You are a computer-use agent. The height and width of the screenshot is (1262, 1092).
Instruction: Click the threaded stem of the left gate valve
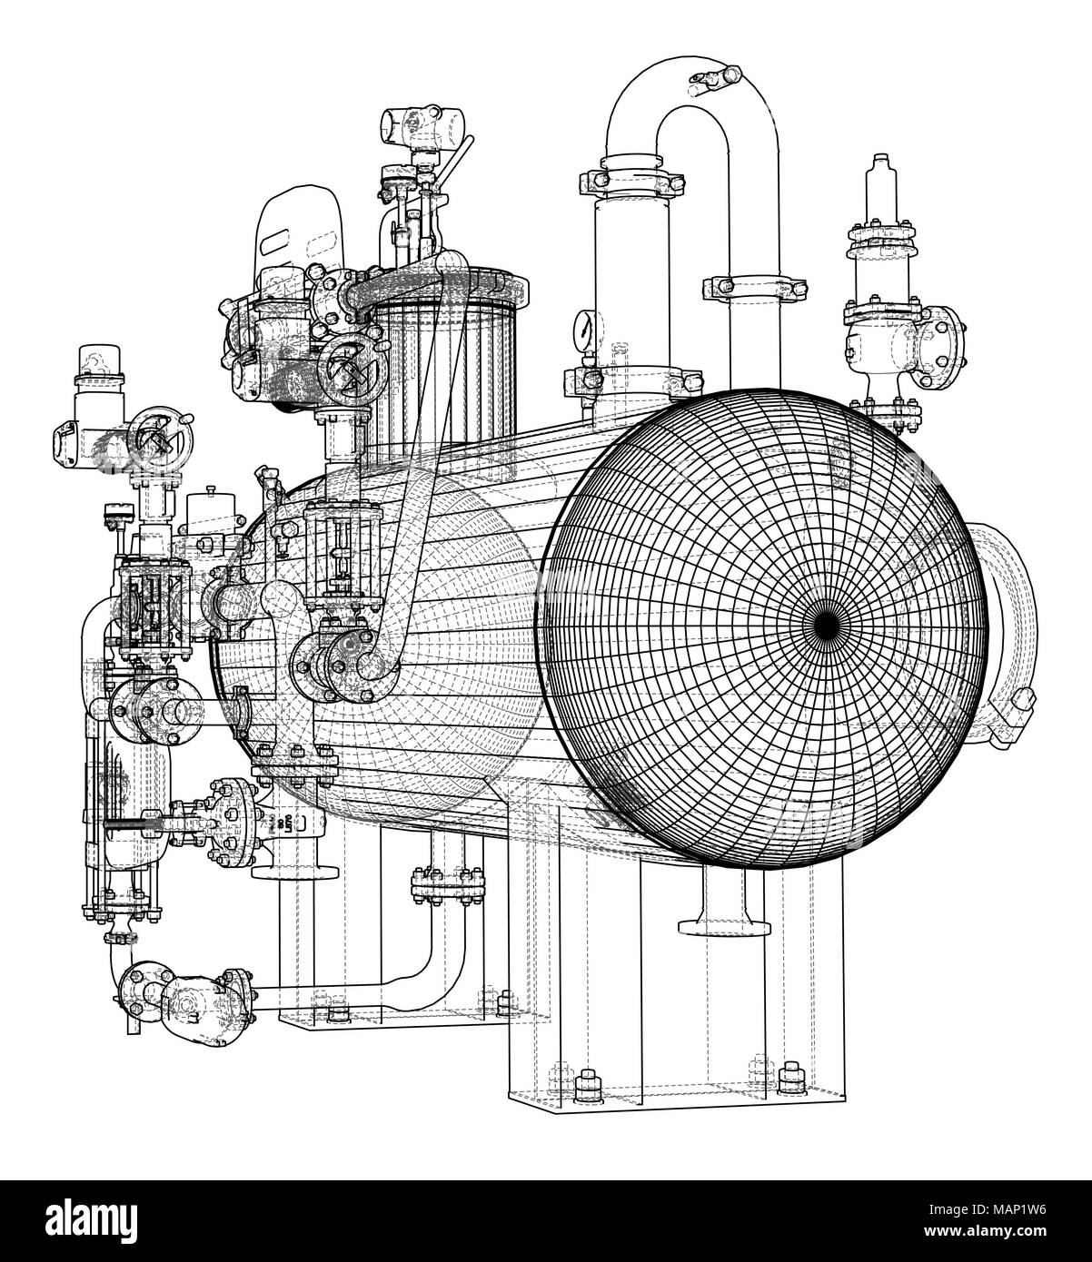(x=136, y=824)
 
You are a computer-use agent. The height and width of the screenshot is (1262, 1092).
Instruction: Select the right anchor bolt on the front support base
(x=788, y=1073)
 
